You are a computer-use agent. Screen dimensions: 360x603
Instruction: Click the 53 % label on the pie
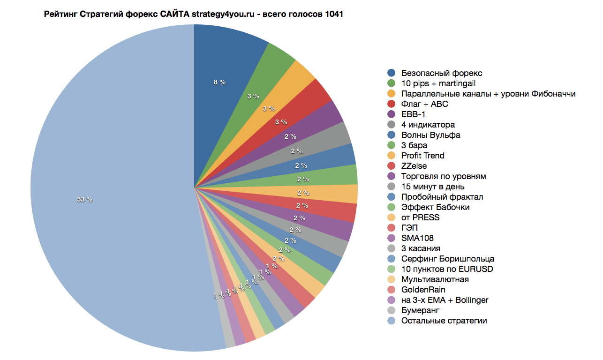click(85, 199)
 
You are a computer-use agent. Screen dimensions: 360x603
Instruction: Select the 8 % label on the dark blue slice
click(219, 82)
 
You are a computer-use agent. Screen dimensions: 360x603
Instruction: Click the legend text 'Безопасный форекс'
click(442, 73)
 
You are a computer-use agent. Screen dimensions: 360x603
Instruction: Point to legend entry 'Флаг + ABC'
click(425, 104)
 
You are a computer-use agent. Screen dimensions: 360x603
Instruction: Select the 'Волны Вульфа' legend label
click(430, 135)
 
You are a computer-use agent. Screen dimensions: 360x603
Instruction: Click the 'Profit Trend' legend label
click(423, 156)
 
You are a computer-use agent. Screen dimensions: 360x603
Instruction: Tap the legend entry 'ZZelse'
click(414, 166)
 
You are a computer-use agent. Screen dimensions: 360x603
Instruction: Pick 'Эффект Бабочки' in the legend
click(435, 207)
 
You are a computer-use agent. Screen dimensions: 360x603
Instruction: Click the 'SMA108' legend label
click(417, 238)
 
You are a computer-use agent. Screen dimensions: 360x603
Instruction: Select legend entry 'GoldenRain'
click(423, 290)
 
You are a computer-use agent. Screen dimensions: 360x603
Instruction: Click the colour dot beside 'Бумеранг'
click(392, 310)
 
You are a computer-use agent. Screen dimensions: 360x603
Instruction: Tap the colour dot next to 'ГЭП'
click(392, 228)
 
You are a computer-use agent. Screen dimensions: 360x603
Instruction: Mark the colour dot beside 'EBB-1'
click(392, 114)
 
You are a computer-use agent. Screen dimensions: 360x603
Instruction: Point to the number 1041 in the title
click(334, 14)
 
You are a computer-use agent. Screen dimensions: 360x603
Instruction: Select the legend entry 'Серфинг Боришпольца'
click(448, 259)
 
